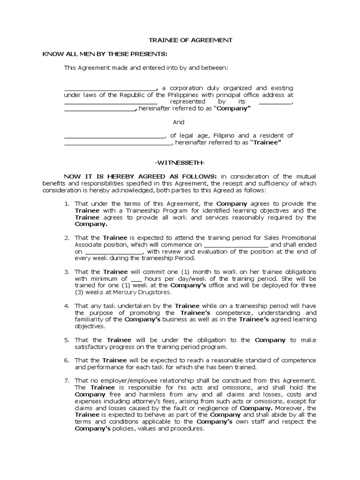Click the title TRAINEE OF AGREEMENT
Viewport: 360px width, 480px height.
coord(184,41)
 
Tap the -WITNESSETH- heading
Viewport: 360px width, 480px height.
coord(180,162)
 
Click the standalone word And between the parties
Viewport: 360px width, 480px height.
coord(179,122)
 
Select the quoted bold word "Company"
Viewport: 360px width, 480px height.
coord(232,108)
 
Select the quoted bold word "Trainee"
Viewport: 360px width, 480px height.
coord(266,142)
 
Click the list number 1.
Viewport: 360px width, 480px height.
coord(67,204)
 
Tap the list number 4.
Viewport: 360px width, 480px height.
coord(67,306)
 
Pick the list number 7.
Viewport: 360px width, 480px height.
coord(67,381)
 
